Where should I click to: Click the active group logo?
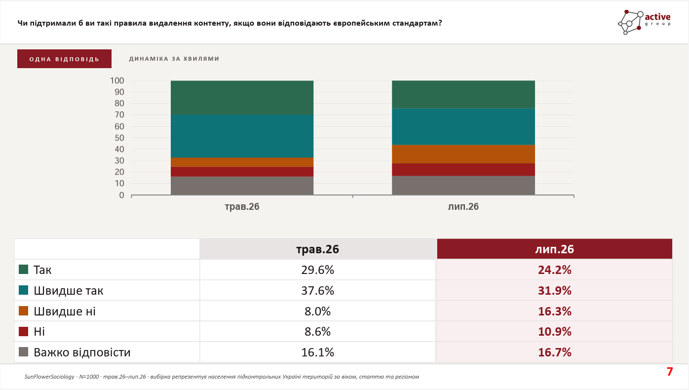pyautogui.click(x=645, y=22)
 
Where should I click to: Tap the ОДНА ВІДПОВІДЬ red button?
pyautogui.click(x=64, y=59)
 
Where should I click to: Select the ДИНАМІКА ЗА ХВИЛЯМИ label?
pyautogui.click(x=174, y=59)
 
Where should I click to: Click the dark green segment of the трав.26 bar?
pyautogui.click(x=242, y=98)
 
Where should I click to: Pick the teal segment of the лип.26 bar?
pyautogui.click(x=463, y=126)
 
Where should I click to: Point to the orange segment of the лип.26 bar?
pyautogui.click(x=463, y=154)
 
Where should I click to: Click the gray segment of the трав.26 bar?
pyautogui.click(x=242, y=186)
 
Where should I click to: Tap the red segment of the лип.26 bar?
pyautogui.click(x=463, y=169)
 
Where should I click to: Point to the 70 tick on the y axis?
pyautogui.click(x=119, y=115)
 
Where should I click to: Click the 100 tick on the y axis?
pyautogui.click(x=117, y=80)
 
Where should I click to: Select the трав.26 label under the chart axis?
pyautogui.click(x=242, y=206)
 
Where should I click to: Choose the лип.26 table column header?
pyautogui.click(x=555, y=249)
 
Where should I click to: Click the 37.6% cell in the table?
pyautogui.click(x=317, y=290)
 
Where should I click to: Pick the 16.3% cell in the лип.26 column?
pyautogui.click(x=555, y=312)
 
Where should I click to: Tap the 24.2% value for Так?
pyautogui.click(x=555, y=270)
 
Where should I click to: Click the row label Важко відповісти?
pyautogui.click(x=82, y=352)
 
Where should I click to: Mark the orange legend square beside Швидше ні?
pyautogui.click(x=23, y=311)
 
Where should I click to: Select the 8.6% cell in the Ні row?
pyautogui.click(x=317, y=332)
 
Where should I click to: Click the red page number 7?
pyautogui.click(x=670, y=372)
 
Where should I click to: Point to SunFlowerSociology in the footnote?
pyautogui.click(x=49, y=377)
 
